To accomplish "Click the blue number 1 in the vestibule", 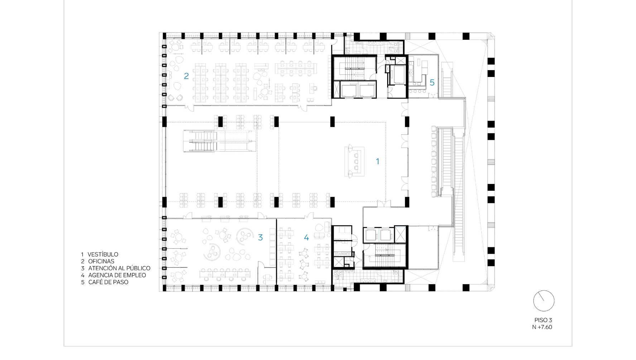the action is (x=377, y=161).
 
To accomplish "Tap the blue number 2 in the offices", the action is (x=186, y=76).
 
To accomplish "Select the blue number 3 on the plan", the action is (x=260, y=237).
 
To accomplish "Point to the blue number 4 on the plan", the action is (x=306, y=237).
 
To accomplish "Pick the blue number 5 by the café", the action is (x=432, y=83).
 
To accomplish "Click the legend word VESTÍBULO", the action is (x=103, y=254).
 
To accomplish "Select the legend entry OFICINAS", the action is (x=101, y=261).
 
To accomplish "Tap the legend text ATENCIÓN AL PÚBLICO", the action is (x=119, y=268).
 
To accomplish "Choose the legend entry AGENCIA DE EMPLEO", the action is (x=117, y=275).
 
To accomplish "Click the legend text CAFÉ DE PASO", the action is (x=108, y=282).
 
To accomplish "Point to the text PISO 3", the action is (x=543, y=320).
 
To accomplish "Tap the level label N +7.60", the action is (x=542, y=327).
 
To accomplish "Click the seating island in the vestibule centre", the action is (x=355, y=161).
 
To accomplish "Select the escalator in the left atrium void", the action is (x=220, y=141).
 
